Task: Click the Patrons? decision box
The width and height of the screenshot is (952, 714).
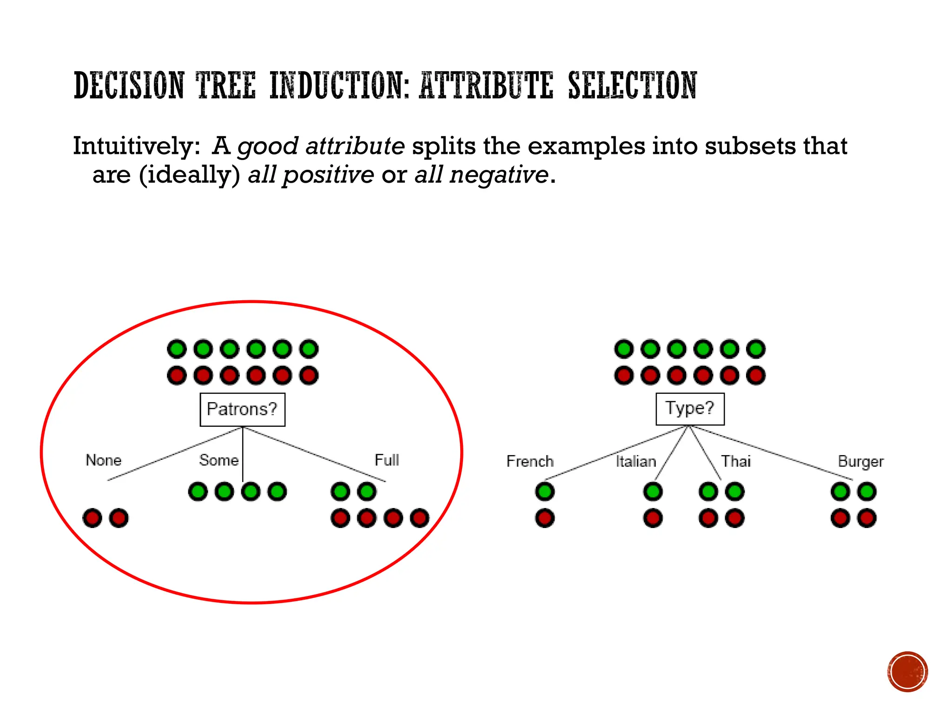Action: pos(242,410)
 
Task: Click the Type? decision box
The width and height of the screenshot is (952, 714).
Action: pos(690,409)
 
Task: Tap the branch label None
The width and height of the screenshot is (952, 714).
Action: pos(103,460)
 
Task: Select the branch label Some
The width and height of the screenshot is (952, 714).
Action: pos(218,460)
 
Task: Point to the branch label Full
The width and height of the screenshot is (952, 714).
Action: pos(387,460)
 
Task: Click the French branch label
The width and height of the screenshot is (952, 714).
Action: pos(530,461)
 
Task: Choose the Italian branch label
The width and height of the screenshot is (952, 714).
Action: pos(635,461)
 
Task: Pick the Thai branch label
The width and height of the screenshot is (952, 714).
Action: pos(736,461)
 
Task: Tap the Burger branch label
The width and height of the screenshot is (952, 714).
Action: pos(860,462)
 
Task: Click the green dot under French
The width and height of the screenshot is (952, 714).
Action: pos(545,491)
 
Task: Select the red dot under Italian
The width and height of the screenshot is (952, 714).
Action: pos(653,518)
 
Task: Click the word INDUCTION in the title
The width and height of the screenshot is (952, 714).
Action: pos(339,86)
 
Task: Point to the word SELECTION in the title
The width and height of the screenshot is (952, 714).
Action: pos(632,86)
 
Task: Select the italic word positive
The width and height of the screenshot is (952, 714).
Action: pos(328,175)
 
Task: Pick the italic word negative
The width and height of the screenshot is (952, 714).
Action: pos(499,175)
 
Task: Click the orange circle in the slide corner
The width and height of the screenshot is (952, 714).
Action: pos(907,672)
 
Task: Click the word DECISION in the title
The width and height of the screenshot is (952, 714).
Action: pos(129,86)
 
